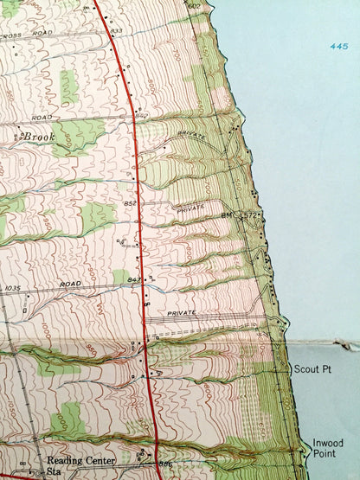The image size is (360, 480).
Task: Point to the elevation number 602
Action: pos(193,6)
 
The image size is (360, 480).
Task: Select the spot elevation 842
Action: pos(142,116)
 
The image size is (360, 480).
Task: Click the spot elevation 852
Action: pos(131,203)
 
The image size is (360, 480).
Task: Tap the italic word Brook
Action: pos(38,137)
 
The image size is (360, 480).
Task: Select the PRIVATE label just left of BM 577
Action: pos(190,208)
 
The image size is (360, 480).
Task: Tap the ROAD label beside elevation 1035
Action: pos(70,284)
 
